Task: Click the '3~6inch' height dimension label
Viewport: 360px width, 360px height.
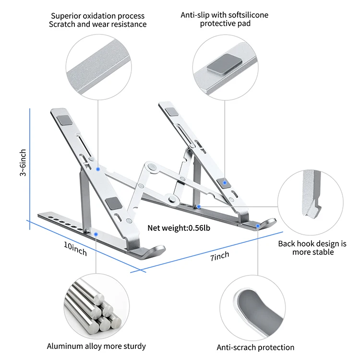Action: click(23, 163)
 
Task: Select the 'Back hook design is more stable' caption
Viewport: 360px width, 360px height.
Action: click(312, 248)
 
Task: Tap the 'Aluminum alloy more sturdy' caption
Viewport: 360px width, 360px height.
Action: click(96, 346)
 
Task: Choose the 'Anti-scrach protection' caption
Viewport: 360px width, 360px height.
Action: click(255, 347)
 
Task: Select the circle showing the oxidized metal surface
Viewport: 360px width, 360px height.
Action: click(99, 63)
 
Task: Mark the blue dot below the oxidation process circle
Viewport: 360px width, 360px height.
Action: click(98, 169)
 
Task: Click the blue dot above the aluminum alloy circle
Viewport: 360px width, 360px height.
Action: click(96, 234)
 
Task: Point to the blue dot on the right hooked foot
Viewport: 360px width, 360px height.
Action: click(258, 225)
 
